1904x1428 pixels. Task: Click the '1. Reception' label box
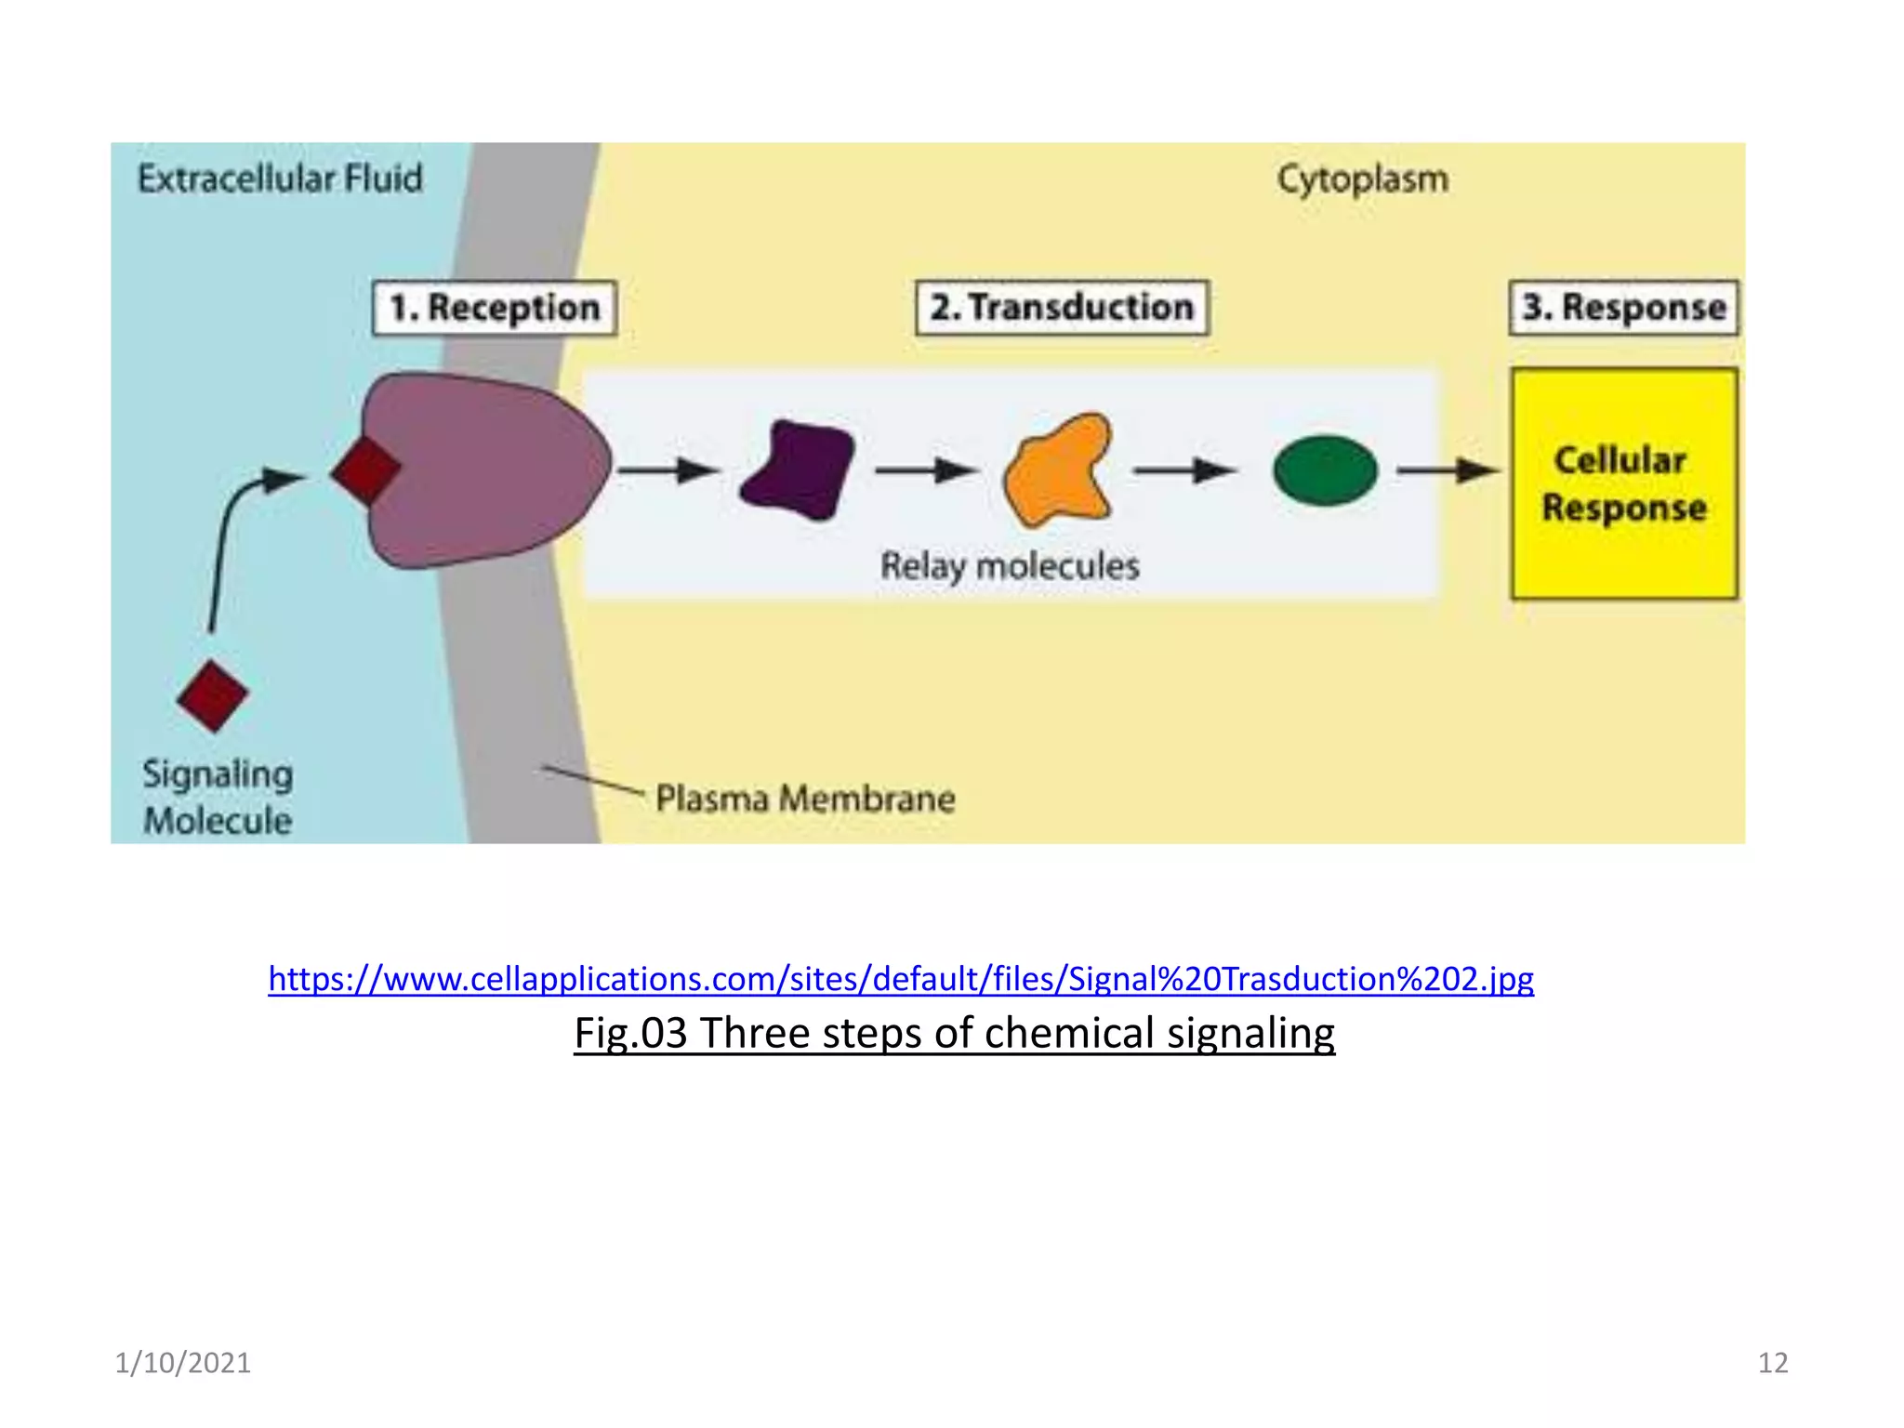pyautogui.click(x=494, y=308)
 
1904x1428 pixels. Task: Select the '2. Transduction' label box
pyautogui.click(x=1062, y=307)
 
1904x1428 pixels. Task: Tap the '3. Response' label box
pyautogui.click(x=1623, y=307)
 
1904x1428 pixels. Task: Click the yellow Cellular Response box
pyautogui.click(x=1623, y=483)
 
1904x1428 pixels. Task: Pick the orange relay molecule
pyautogui.click(x=1058, y=470)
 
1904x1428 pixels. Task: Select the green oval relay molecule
pyautogui.click(x=1325, y=470)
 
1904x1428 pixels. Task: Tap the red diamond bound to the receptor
pyautogui.click(x=365, y=470)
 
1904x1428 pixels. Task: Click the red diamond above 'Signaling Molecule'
pyautogui.click(x=213, y=695)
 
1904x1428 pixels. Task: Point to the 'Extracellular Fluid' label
pyautogui.click(x=280, y=178)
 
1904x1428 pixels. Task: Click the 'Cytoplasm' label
pyautogui.click(x=1362, y=179)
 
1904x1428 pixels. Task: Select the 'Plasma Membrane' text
pyautogui.click(x=805, y=799)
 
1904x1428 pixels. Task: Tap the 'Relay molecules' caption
pyautogui.click(x=1010, y=565)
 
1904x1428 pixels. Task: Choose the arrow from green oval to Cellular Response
pyautogui.click(x=1447, y=470)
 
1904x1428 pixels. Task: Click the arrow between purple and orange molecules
pyautogui.click(x=925, y=470)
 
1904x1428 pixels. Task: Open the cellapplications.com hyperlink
pyautogui.click(x=900, y=979)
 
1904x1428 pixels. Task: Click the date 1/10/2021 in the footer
pyautogui.click(x=182, y=1363)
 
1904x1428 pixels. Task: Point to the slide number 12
pyautogui.click(x=1772, y=1363)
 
